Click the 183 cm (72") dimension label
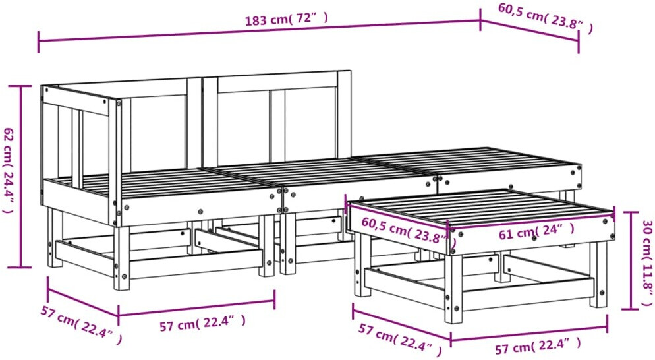click(x=286, y=19)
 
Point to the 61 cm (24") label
click(x=536, y=231)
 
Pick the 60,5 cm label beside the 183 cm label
click(x=545, y=18)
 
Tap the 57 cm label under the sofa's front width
click(x=202, y=323)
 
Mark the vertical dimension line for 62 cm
click(x=20, y=177)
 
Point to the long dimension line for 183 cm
click(x=259, y=31)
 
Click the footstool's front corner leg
click(x=453, y=289)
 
